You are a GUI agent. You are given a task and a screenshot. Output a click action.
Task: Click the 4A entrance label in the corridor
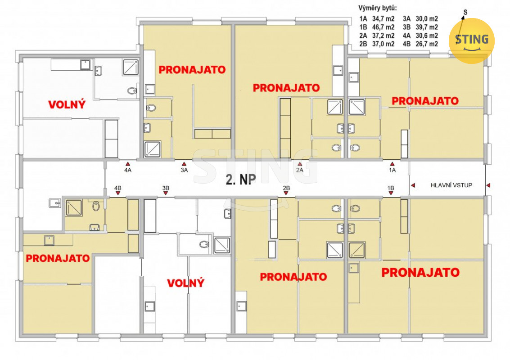coord(128,170)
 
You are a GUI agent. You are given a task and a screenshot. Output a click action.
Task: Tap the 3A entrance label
coord(185,170)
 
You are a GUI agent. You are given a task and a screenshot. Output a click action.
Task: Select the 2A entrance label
coord(299,170)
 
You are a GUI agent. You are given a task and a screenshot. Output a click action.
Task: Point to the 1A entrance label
coord(392,170)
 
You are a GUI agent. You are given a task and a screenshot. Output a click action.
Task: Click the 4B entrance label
coord(118,188)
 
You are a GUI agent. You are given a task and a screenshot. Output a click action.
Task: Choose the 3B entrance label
coord(166,188)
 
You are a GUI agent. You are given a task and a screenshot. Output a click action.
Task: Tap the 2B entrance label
coord(286,188)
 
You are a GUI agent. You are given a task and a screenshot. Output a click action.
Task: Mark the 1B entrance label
coord(391,188)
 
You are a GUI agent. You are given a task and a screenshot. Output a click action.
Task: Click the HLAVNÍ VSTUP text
coord(451,185)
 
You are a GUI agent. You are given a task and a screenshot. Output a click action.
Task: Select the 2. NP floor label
coord(241,179)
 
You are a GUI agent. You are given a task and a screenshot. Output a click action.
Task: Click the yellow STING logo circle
coord(472,41)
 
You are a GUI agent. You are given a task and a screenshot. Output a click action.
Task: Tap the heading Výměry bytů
coord(378,8)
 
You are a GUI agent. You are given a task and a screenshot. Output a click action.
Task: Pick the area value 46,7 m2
coord(384,27)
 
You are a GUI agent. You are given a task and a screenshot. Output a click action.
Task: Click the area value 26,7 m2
coord(427,44)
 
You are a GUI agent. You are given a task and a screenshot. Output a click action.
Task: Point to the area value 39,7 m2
coord(427,27)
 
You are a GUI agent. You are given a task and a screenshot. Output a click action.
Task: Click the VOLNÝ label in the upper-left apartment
coord(67,104)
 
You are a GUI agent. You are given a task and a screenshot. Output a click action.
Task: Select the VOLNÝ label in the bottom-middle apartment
coord(186,283)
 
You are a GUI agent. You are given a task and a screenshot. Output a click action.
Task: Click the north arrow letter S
coord(465,12)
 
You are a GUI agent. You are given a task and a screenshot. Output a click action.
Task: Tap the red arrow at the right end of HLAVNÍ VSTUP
coord(488,185)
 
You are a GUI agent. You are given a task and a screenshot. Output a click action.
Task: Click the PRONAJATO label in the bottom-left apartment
coord(58,258)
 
